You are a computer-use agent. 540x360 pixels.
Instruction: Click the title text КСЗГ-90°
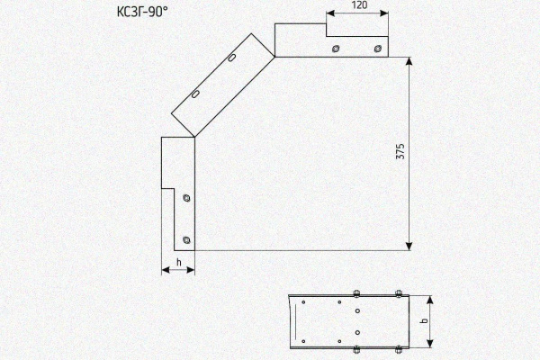coord(142,12)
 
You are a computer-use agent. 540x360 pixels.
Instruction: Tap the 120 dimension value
coord(359,5)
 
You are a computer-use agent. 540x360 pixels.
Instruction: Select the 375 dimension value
coord(400,151)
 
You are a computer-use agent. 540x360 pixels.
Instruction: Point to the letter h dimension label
coord(179,262)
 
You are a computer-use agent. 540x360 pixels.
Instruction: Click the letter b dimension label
coord(425,320)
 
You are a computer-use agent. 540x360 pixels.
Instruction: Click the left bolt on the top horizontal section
coord(336,49)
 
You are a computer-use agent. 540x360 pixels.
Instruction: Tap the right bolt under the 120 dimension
coord(377,49)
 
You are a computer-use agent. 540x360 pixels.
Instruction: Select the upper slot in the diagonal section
coord(232,58)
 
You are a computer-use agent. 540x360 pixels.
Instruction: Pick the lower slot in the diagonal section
coord(195,94)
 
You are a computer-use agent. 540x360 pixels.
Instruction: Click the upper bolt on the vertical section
coord(186,198)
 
